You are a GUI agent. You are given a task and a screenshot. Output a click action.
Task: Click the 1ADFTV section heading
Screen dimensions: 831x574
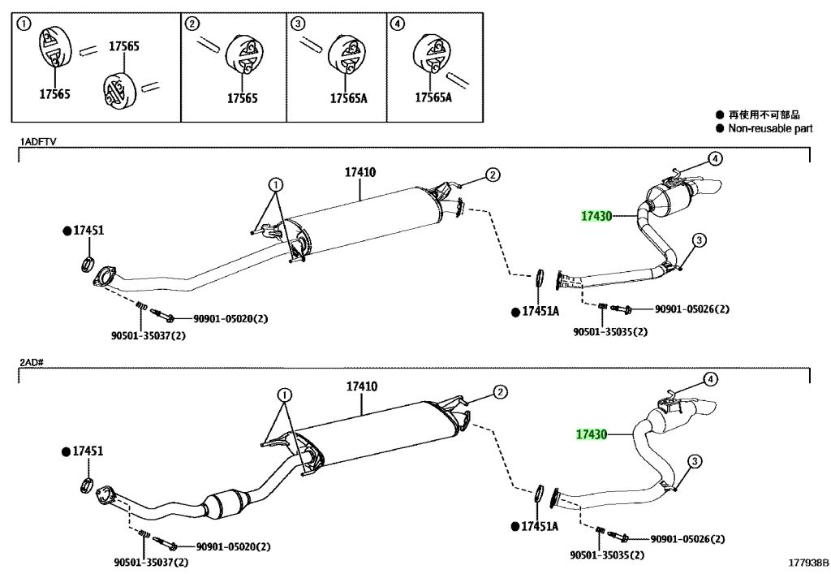click(37, 141)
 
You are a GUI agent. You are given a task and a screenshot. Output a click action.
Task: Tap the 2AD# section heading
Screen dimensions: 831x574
click(32, 363)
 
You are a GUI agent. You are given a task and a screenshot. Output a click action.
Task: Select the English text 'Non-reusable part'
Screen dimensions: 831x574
click(770, 128)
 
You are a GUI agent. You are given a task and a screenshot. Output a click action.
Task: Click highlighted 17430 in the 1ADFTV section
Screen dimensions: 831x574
click(596, 216)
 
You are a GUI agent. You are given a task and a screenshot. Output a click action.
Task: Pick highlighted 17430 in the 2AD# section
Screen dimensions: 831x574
click(592, 434)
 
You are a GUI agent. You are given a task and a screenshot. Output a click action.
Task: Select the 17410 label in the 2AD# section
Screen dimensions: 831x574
click(362, 386)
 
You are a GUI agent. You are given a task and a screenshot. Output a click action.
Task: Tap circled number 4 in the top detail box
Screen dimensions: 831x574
click(396, 24)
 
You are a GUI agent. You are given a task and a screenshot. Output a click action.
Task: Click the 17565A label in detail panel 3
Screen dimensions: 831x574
click(349, 98)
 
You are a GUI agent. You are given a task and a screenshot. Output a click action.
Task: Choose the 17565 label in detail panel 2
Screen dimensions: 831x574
click(243, 98)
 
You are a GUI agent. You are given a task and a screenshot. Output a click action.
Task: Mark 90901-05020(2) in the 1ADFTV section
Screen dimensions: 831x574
click(230, 318)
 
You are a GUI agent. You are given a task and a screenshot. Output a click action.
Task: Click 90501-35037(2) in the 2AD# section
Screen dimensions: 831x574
click(151, 563)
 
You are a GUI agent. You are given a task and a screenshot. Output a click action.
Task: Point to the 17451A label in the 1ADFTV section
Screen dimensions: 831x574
click(540, 312)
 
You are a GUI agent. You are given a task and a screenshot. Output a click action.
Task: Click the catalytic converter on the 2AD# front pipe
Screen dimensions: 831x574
click(226, 505)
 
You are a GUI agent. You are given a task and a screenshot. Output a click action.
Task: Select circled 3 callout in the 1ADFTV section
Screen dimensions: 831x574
click(699, 240)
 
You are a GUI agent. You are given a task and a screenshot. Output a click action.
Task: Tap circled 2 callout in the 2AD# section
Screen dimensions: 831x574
click(500, 392)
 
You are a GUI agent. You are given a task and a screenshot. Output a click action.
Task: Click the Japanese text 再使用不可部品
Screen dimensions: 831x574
click(764, 114)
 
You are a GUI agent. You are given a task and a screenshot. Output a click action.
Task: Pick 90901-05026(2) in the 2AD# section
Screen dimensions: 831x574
click(688, 539)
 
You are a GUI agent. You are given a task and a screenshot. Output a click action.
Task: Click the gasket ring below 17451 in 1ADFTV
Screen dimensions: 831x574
click(88, 263)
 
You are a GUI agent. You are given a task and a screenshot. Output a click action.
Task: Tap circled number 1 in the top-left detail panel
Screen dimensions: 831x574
click(24, 24)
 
